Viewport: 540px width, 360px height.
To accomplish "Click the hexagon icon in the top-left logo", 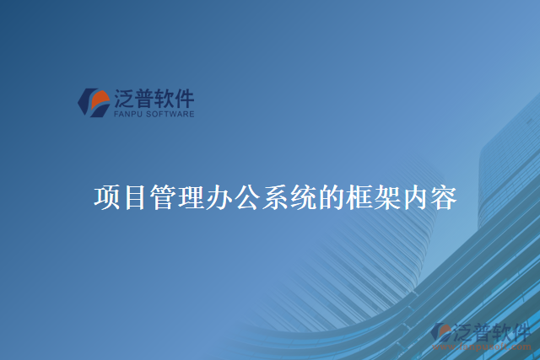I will (93, 103).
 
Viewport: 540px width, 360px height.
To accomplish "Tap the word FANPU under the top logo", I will (127, 114).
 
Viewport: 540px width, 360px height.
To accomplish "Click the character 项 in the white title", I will (106, 199).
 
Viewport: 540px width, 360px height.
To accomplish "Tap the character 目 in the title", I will (134, 199).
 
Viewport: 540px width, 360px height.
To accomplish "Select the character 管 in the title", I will (162, 199).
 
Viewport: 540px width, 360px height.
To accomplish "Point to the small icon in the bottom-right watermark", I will (440, 330).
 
